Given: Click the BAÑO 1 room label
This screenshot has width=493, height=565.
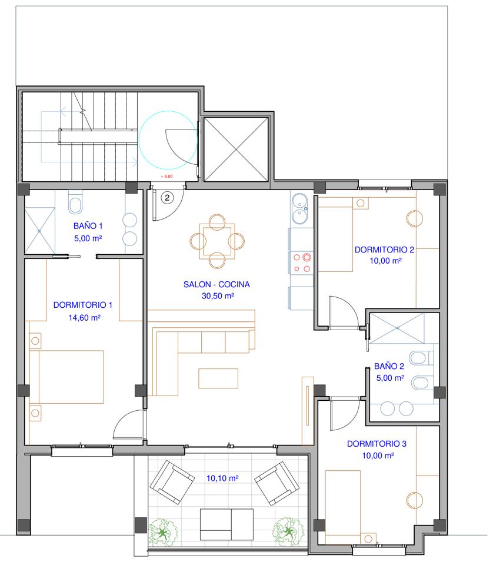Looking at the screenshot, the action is click(88, 226).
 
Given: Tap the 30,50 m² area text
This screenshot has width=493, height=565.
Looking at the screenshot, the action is click(218, 296).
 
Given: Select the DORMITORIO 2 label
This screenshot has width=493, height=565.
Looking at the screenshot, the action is click(384, 250).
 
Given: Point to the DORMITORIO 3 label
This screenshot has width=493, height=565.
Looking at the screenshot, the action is click(377, 444).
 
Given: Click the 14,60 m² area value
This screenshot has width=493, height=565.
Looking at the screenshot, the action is click(84, 317).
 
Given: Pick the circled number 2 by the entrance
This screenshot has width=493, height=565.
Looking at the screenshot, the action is click(167, 198).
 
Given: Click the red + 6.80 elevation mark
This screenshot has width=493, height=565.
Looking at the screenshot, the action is click(166, 176).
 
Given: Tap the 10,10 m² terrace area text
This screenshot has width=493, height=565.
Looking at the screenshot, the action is click(222, 478).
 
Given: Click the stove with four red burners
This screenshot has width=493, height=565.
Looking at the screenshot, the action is click(302, 262).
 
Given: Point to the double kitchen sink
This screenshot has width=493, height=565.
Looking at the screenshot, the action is click(299, 208).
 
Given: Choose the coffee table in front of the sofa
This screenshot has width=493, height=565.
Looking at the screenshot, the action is click(218, 378).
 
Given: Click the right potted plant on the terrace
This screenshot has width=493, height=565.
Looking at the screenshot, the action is click(288, 531).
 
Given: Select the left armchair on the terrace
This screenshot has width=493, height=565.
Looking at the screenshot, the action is click(172, 482).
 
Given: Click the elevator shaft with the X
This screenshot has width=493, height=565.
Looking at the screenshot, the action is click(236, 149).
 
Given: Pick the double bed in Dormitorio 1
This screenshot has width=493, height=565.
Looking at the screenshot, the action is click(66, 377).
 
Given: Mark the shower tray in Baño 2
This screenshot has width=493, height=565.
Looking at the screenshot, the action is click(397, 328).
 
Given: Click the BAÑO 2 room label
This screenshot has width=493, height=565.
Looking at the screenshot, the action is click(389, 366).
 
